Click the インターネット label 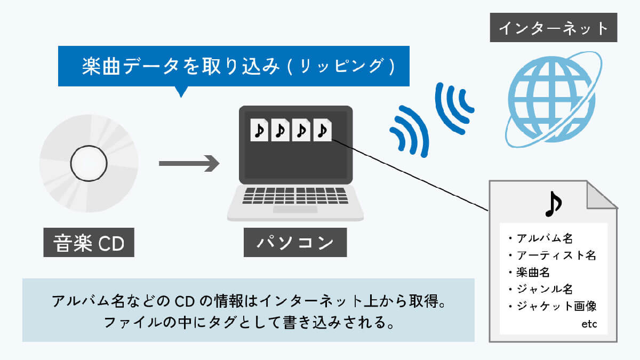[x=554, y=28]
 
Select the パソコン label [x=295, y=244]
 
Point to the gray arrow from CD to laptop [x=189, y=164]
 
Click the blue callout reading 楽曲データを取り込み [x=234, y=66]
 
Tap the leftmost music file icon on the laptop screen [x=260, y=130]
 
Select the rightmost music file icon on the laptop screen [x=322, y=130]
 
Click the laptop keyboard [x=295, y=195]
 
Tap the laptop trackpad [x=295, y=209]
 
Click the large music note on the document [x=554, y=204]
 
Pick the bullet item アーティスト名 [x=552, y=255]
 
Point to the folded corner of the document [x=603, y=196]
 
